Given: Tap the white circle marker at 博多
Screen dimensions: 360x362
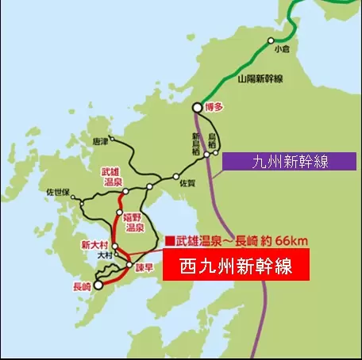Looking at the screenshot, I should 198,108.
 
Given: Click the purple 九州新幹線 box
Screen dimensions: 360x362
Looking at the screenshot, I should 289,162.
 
